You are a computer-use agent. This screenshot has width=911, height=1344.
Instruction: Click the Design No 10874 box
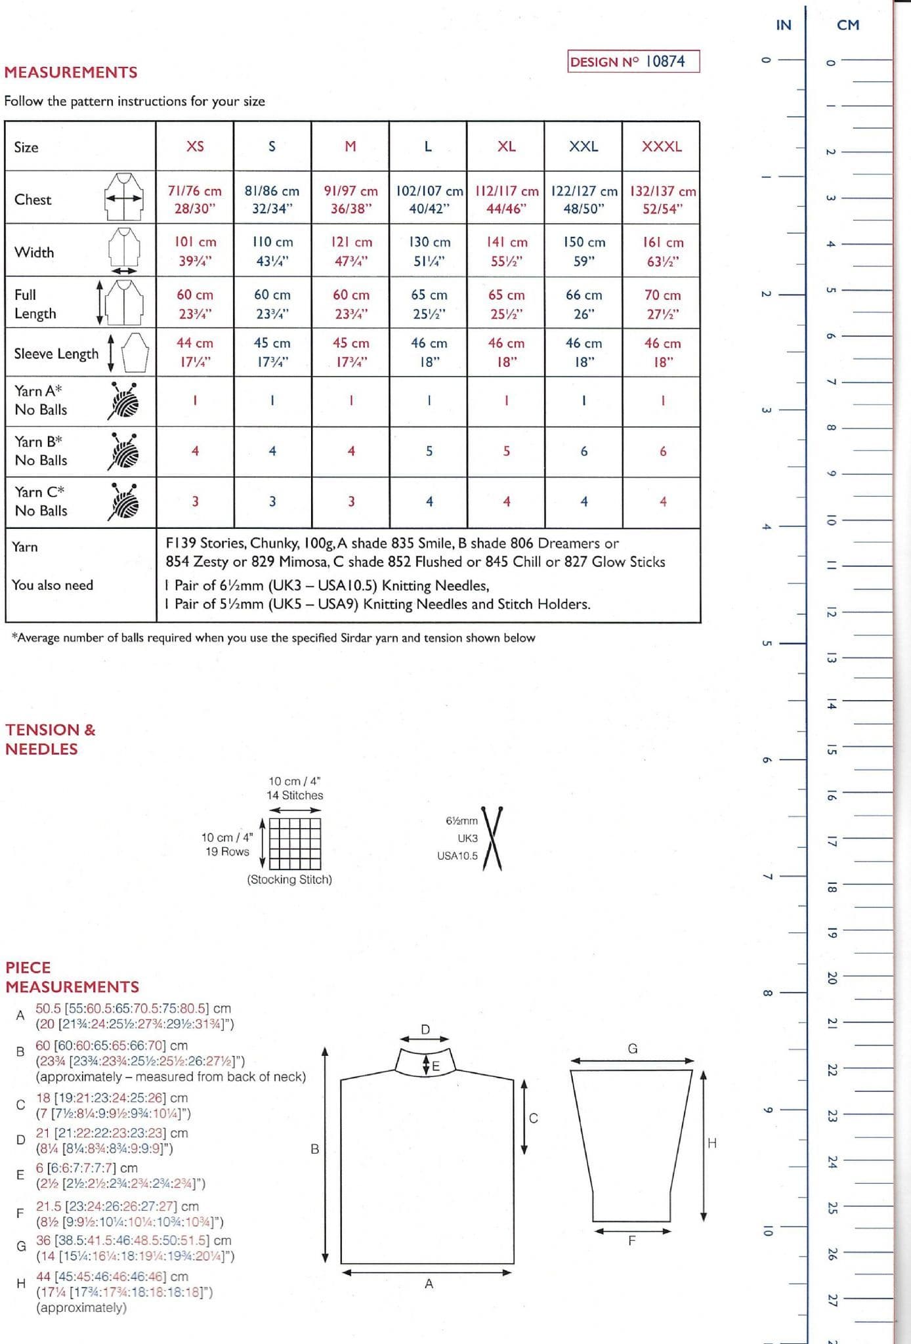click(x=633, y=62)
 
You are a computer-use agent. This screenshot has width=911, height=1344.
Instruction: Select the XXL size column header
click(x=583, y=146)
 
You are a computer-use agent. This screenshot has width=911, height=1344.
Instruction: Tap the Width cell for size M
click(x=350, y=251)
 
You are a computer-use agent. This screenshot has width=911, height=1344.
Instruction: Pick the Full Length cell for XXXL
click(x=662, y=303)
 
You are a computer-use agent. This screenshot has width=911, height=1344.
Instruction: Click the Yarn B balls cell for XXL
click(x=583, y=451)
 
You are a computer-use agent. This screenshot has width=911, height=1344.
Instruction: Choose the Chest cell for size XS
click(x=195, y=199)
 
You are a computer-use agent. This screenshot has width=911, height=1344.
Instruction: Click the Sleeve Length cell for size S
click(x=272, y=352)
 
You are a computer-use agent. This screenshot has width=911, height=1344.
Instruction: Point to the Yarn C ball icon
click(x=124, y=502)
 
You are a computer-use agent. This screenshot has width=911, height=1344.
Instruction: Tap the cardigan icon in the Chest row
click(x=124, y=197)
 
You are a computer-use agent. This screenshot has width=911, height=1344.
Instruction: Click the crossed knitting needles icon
click(x=492, y=838)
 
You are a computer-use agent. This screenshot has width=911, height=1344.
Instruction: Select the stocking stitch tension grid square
click(x=295, y=843)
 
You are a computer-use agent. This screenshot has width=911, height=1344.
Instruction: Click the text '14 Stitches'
click(x=295, y=795)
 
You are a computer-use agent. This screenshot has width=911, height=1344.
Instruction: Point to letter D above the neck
click(x=425, y=1030)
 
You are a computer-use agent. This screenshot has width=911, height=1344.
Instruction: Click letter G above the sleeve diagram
click(x=633, y=1049)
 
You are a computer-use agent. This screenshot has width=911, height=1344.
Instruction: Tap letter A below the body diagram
click(x=429, y=1284)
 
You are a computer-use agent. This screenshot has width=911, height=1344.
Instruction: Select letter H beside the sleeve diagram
click(x=712, y=1143)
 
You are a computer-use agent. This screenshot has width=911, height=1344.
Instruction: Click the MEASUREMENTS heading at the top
click(x=71, y=72)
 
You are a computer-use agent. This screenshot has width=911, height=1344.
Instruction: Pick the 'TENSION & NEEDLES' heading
click(x=51, y=739)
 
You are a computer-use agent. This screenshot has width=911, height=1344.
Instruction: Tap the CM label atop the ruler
click(x=848, y=25)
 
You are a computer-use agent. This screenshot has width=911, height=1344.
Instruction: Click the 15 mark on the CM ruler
click(x=832, y=749)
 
